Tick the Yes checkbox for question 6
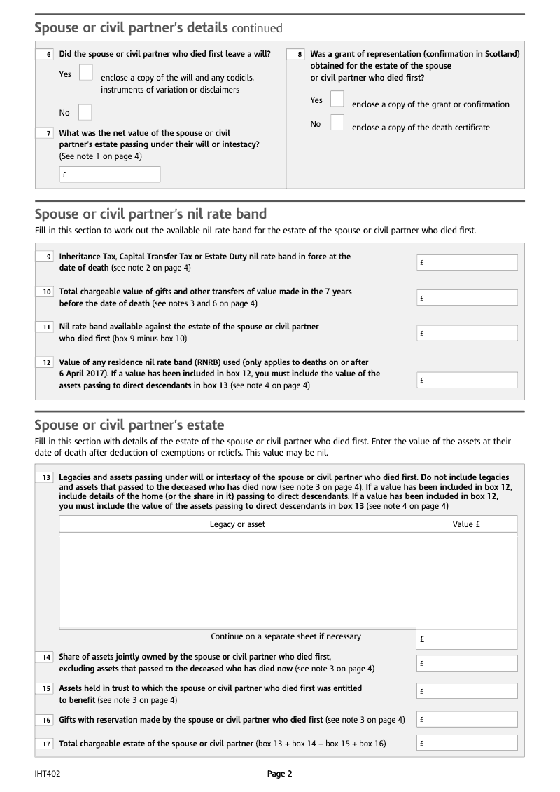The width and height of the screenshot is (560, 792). point(85,72)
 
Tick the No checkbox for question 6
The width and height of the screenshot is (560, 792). point(85,112)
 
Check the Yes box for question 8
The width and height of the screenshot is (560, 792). point(337,99)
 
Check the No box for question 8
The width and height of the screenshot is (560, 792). point(337,123)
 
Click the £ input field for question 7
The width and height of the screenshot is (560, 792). point(110,175)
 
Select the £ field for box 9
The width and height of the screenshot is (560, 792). point(467,262)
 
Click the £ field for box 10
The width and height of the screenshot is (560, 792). point(467,297)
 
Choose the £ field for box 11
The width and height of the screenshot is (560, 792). point(467,333)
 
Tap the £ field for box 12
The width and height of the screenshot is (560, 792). point(467,380)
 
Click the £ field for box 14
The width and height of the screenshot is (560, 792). point(467,662)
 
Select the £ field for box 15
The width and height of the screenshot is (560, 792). point(467,691)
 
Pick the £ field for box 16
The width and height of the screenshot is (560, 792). point(467,719)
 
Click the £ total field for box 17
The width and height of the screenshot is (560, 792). point(467,743)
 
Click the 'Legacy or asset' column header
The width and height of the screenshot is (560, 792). point(237,524)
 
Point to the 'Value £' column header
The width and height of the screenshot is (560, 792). point(466,524)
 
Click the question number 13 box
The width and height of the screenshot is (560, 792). point(45,477)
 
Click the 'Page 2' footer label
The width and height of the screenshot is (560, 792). point(279,774)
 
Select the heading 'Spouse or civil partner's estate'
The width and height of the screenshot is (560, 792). point(129,425)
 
